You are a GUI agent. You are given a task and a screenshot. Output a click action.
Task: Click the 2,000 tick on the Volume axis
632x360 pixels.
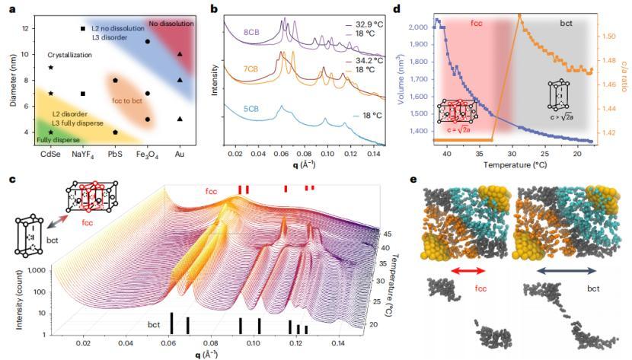point(416,27)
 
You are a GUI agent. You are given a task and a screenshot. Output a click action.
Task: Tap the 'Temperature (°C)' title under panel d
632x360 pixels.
point(515,163)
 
